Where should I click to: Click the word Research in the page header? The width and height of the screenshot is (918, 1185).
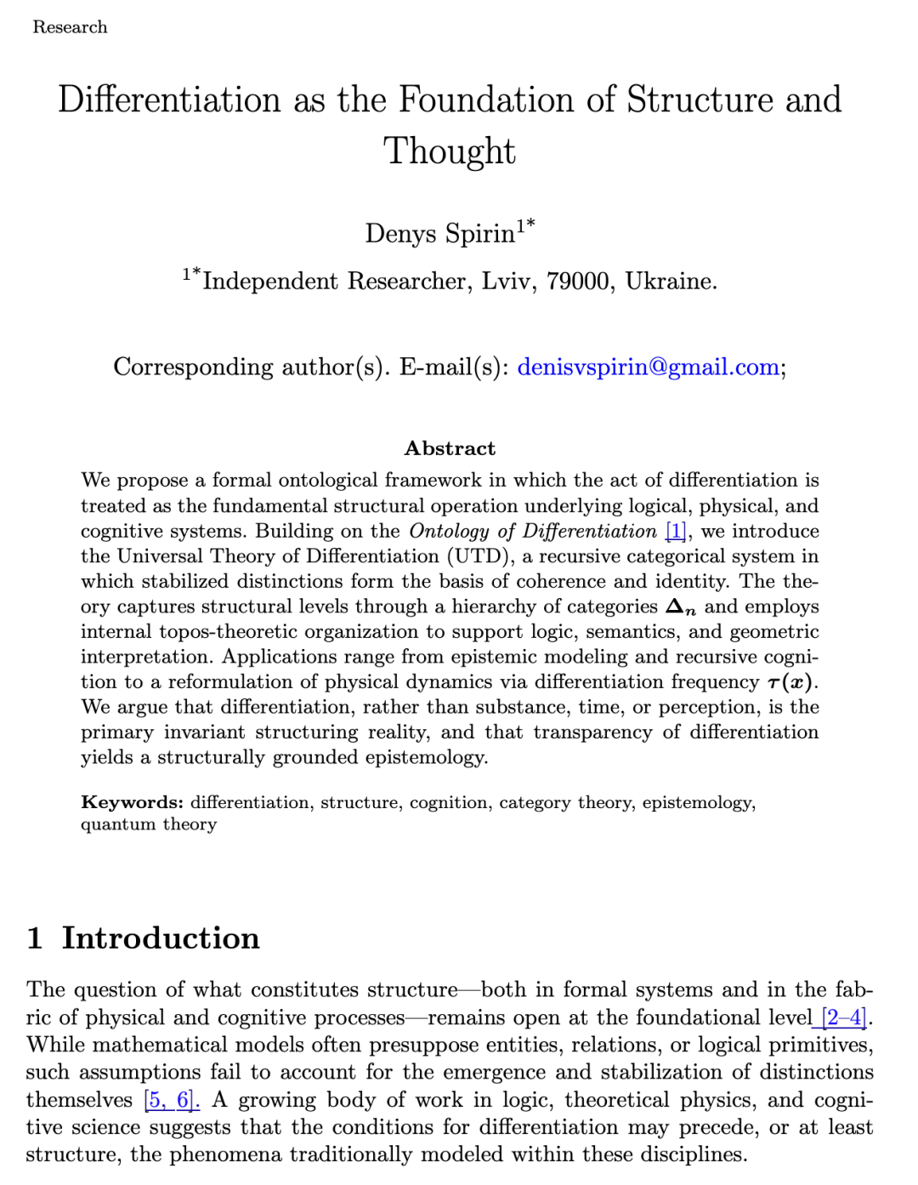pyautogui.click(x=70, y=27)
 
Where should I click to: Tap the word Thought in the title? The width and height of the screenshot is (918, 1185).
pyautogui.click(x=449, y=151)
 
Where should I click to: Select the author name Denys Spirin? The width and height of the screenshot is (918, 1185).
pyautogui.click(x=439, y=233)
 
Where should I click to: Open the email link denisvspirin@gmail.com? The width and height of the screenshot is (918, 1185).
pyautogui.click(x=648, y=367)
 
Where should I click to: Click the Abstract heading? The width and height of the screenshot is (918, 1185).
pyautogui.click(x=450, y=448)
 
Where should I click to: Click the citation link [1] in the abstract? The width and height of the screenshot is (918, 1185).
pyautogui.click(x=676, y=531)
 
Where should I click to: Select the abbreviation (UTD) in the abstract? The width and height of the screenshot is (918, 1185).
pyautogui.click(x=479, y=556)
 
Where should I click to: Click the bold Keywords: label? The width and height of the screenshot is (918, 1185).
pyautogui.click(x=132, y=802)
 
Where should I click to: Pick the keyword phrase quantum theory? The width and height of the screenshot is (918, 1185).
pyautogui.click(x=149, y=824)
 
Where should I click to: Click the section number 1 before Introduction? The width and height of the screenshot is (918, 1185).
pyautogui.click(x=35, y=937)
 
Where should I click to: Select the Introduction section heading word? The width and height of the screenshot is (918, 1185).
pyautogui.click(x=161, y=937)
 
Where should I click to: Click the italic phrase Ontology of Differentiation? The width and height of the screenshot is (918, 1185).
pyautogui.click(x=533, y=531)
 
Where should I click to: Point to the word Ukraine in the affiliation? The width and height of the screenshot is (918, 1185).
pyautogui.click(x=670, y=281)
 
